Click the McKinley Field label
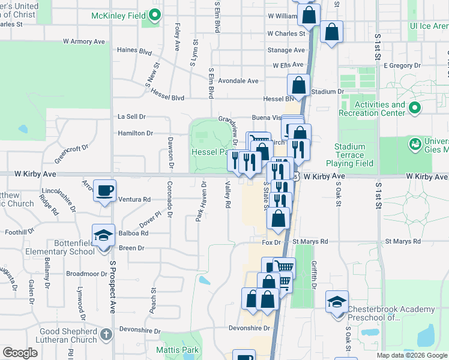(x=120, y=15)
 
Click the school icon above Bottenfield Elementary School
(x=103, y=235)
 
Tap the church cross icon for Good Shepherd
(x=106, y=335)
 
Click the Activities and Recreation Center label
(x=372, y=109)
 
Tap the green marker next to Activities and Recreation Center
(x=414, y=109)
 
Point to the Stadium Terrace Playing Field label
(x=349, y=155)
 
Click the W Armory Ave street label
(x=85, y=41)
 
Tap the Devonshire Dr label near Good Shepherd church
(x=140, y=331)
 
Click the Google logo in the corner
(x=20, y=353)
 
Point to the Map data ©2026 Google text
(x=411, y=355)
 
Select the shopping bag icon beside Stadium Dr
(x=298, y=85)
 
